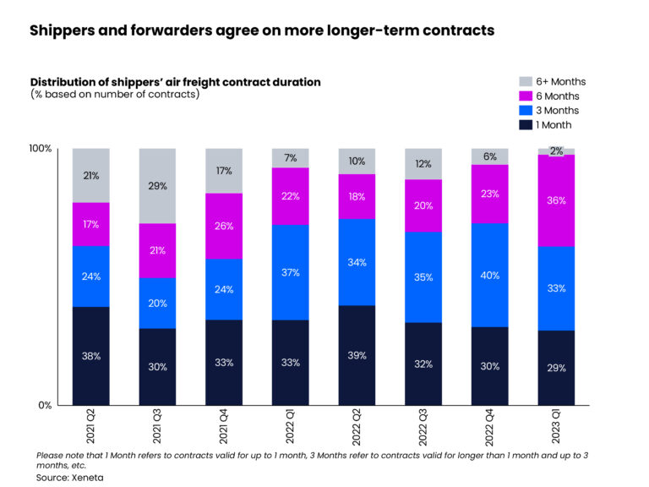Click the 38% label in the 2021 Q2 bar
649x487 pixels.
click(x=91, y=356)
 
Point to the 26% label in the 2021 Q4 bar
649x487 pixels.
click(x=224, y=226)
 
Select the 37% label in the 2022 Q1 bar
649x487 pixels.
click(x=291, y=271)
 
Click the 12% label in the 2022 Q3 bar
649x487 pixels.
click(x=423, y=164)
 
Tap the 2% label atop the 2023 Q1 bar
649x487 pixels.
click(x=557, y=151)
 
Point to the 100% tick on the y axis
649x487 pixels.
click(x=41, y=149)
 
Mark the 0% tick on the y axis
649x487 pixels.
click(x=46, y=405)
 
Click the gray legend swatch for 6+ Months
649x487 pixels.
click(x=525, y=82)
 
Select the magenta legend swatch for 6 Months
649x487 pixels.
click(x=525, y=96)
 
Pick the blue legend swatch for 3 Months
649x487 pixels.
click(x=525, y=111)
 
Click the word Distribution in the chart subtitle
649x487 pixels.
click(x=67, y=82)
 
